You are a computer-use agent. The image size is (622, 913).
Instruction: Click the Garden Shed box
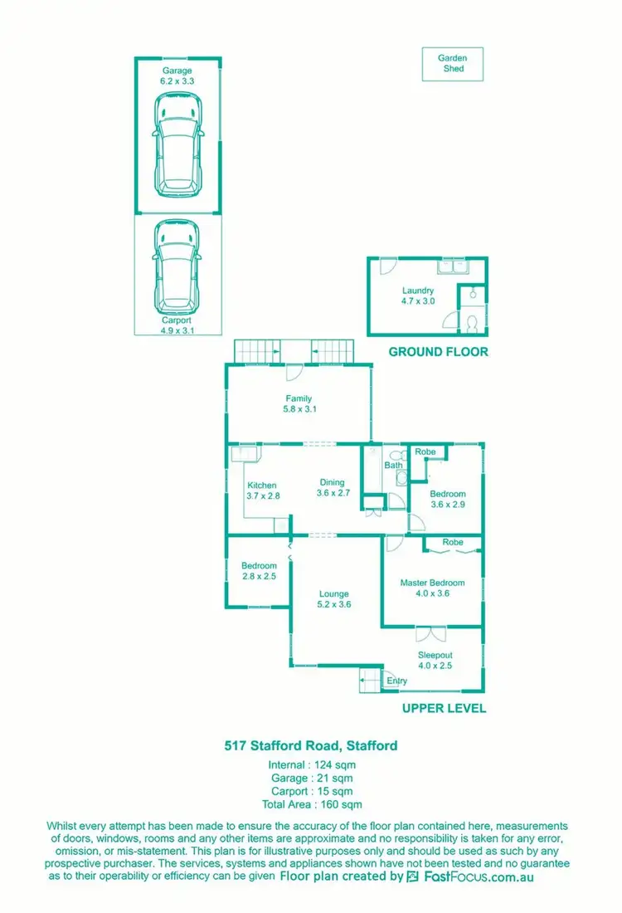[453, 64]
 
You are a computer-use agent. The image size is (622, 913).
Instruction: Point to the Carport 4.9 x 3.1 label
[177, 325]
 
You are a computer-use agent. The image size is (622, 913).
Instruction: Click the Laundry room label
[418, 295]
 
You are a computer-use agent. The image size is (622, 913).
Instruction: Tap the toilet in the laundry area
[471, 321]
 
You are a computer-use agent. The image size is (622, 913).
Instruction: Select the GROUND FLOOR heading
[439, 352]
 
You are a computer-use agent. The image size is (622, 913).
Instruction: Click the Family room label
[299, 403]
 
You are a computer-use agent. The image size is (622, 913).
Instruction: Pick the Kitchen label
[261, 491]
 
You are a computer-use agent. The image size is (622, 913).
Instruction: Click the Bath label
[392, 466]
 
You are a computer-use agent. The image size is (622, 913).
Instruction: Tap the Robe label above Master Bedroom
[453, 542]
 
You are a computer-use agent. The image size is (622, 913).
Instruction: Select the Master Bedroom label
[432, 588]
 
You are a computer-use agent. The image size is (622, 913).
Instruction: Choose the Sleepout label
[435, 660]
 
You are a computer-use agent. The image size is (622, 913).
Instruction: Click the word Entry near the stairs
[397, 681]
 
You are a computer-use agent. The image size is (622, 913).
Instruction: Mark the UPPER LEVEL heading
[444, 709]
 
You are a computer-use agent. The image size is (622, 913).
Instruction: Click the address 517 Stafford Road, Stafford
[311, 745]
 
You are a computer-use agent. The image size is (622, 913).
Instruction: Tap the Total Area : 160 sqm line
[311, 804]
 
